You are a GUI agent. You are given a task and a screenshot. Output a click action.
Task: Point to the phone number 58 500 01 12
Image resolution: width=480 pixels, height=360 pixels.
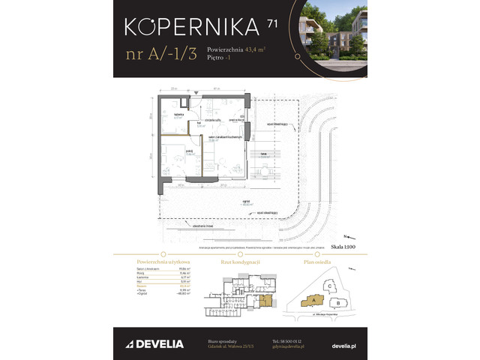pos(289,340)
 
